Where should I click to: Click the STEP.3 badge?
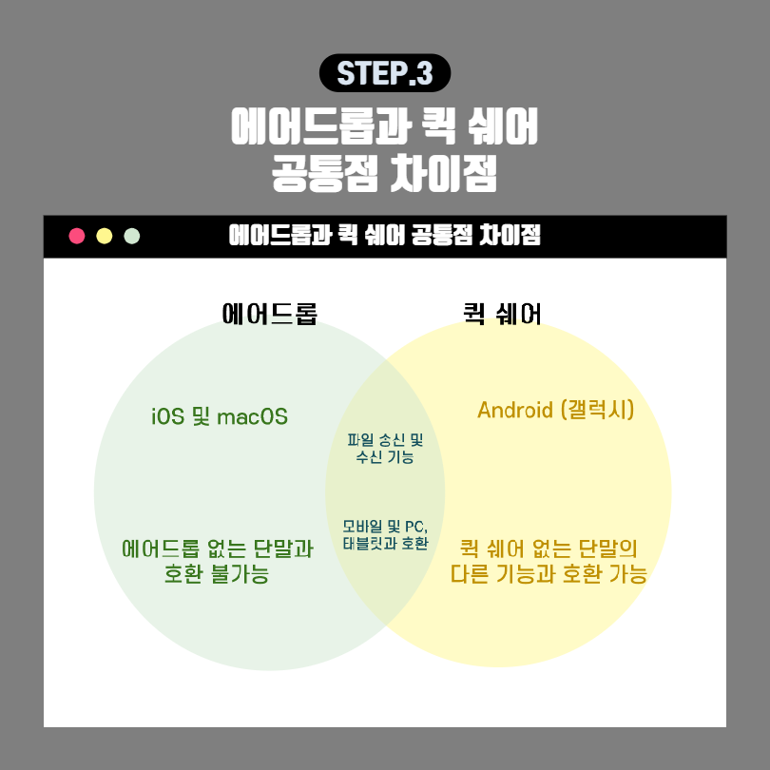[384, 73]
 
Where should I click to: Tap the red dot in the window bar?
[77, 236]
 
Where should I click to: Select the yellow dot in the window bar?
[105, 236]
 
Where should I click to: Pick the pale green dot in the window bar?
[132, 236]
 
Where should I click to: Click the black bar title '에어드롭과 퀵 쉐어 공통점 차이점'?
[385, 236]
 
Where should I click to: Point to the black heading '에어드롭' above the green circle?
[269, 313]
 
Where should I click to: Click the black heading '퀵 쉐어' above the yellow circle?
[502, 313]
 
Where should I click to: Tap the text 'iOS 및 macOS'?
[220, 416]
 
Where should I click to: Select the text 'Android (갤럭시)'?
[555, 410]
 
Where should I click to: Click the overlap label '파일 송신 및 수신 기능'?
[385, 449]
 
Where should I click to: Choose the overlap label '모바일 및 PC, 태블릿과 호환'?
[385, 535]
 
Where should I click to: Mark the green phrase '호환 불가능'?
[216, 575]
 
